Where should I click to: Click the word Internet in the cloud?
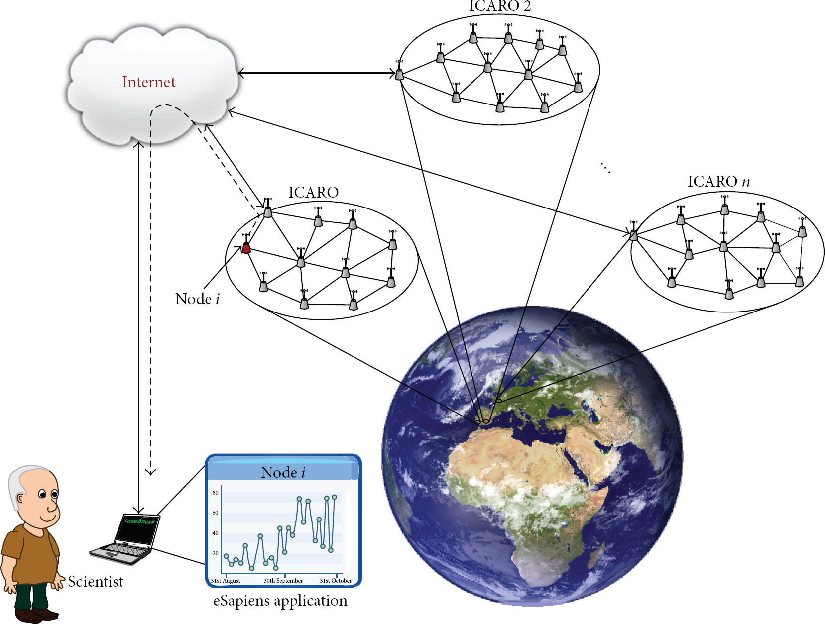pos(149,82)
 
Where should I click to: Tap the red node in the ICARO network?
pos(246,248)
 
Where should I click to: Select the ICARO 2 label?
pos(500,6)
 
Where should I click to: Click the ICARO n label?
pos(718,182)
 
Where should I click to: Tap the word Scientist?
pos(96,582)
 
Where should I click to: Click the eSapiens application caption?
pos(280,601)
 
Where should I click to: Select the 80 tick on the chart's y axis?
pos(216,493)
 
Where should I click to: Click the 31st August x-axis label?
pos(226,581)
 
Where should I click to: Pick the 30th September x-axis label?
pos(283,581)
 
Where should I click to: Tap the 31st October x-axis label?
pos(336,581)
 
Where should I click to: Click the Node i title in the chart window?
pos(283,472)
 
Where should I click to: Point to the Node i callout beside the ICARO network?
pos(197,299)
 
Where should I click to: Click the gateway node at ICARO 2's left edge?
pos(399,74)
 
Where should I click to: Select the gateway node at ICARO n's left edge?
pos(634,234)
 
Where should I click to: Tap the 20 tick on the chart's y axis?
pos(216,553)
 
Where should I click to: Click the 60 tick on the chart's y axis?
pos(216,513)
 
